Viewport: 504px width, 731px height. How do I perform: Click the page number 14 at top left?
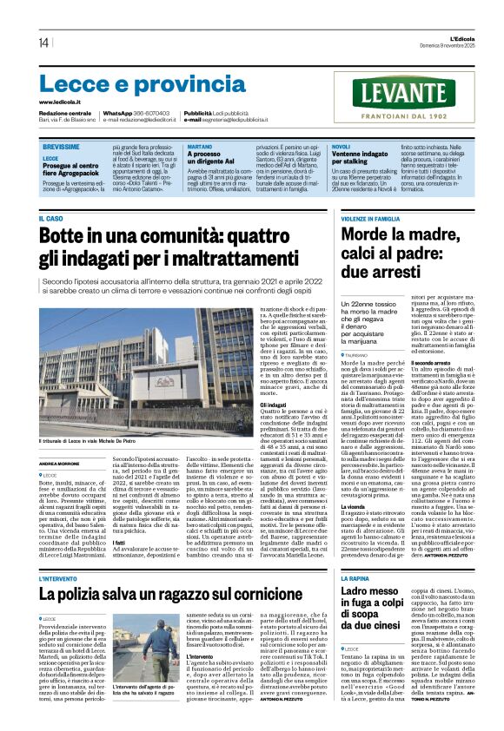click(43, 43)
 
